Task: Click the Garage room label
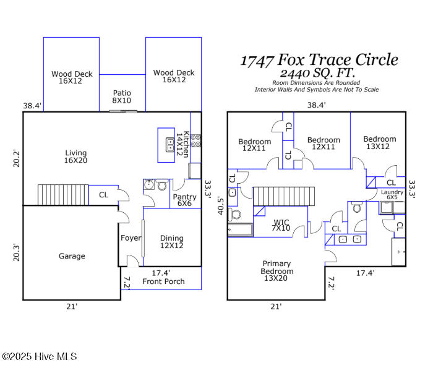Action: pyautogui.click(x=72, y=256)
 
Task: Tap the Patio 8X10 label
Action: pyautogui.click(x=122, y=96)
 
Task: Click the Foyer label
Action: pyautogui.click(x=130, y=238)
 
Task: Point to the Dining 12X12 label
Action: pyautogui.click(x=172, y=242)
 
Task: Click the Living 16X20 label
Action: pyautogui.click(x=76, y=157)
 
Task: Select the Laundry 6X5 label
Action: pyautogui.click(x=392, y=195)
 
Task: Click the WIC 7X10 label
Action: pyautogui.click(x=281, y=225)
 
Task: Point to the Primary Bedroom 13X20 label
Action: pyautogui.click(x=277, y=272)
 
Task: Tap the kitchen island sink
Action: pyautogui.click(x=169, y=145)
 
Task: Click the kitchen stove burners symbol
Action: pyautogui.click(x=195, y=140)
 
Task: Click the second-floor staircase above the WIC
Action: pyautogui.click(x=284, y=197)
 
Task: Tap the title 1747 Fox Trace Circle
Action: pyautogui.click(x=319, y=60)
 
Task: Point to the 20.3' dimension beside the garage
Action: pyautogui.click(x=17, y=252)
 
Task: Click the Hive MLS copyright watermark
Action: pyautogui.click(x=39, y=356)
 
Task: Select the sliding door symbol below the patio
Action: pyautogui.click(x=123, y=111)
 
